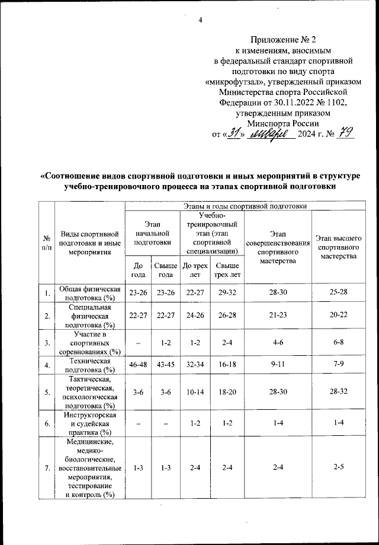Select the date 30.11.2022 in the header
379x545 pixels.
[285, 101]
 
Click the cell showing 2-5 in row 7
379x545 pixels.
[339, 468]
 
